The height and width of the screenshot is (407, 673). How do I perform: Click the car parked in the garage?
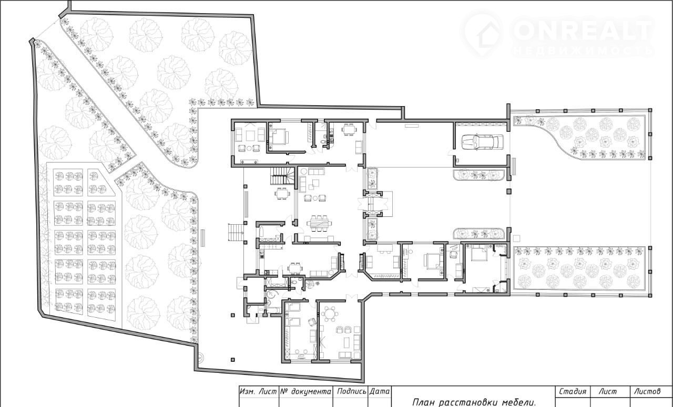click(x=482, y=142)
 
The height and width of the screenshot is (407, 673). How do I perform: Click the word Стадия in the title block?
click(x=573, y=391)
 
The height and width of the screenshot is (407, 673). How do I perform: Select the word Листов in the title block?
click(x=647, y=391)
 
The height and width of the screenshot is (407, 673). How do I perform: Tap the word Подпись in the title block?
click(x=351, y=391)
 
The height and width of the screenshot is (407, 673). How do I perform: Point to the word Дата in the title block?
click(x=380, y=391)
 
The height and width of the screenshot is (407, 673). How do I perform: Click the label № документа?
click(x=306, y=391)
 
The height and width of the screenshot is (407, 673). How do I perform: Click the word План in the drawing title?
click(x=423, y=402)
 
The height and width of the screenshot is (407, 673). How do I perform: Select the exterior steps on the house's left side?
click(x=236, y=232)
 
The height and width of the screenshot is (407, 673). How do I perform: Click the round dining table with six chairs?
click(x=330, y=314)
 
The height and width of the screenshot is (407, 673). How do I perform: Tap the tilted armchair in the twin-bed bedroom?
click(x=312, y=322)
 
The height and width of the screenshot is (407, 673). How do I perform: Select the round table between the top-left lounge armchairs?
click(x=249, y=148)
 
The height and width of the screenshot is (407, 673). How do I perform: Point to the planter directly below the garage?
click(x=479, y=175)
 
